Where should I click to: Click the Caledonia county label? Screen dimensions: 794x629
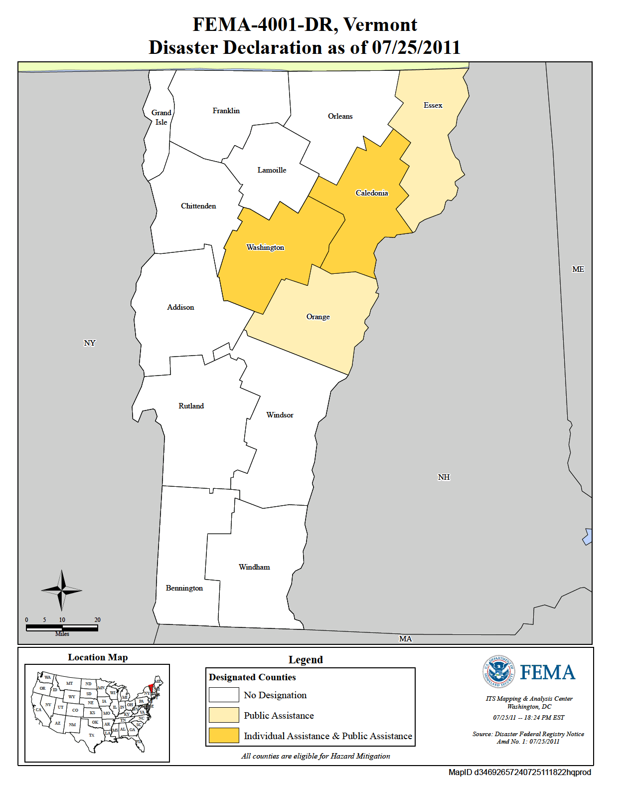click(372, 193)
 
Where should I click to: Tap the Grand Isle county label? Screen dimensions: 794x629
click(161, 117)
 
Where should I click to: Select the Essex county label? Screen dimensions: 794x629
click(433, 105)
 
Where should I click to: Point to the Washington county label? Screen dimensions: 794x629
click(265, 247)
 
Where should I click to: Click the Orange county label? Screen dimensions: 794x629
click(318, 317)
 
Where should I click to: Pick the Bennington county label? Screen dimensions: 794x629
click(184, 588)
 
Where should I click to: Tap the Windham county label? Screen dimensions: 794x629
click(254, 567)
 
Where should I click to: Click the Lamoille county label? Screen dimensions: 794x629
click(272, 170)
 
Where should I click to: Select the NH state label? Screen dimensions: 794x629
click(444, 477)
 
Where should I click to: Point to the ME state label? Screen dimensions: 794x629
click(578, 269)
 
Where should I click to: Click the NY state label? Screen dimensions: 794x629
click(89, 343)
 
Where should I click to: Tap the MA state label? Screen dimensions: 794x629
click(405, 639)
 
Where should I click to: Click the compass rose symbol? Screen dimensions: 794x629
click(61, 591)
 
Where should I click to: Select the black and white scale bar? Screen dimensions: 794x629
click(62, 627)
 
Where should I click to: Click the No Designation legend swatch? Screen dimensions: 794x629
click(224, 695)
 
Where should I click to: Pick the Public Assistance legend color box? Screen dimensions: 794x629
click(224, 715)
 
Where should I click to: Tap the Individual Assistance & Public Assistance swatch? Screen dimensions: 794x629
click(224, 736)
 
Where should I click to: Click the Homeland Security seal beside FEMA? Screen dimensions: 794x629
click(499, 672)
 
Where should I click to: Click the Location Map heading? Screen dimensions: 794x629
click(98, 657)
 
